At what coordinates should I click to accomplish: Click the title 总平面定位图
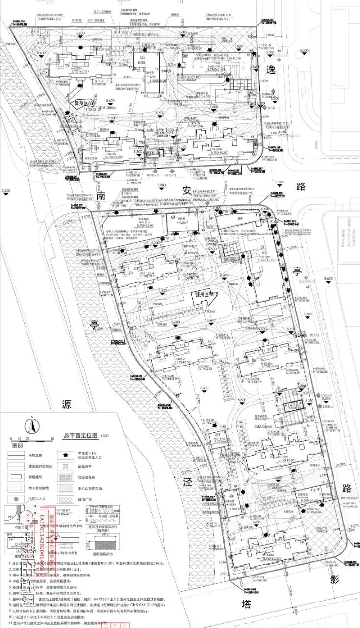click(x=81, y=435)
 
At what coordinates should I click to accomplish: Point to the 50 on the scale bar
click(x=52, y=438)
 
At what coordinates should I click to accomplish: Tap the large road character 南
click(x=102, y=196)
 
